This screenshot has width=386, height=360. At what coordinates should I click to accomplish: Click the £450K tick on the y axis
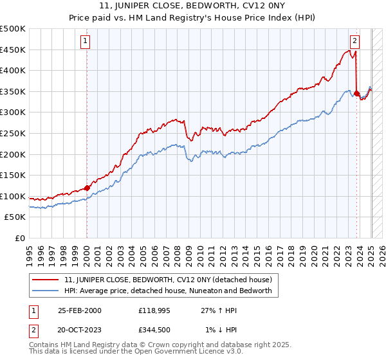[14, 50]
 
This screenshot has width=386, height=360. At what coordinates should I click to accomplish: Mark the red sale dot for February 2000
[87, 188]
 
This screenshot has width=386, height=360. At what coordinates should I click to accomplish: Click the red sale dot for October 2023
[356, 93]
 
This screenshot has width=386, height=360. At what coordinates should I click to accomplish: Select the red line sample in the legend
[46, 280]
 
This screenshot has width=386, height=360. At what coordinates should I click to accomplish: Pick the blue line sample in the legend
[46, 291]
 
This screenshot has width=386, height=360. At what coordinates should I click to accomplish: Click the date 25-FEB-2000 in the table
[80, 310]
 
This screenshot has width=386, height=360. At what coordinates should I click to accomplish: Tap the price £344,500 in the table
[158, 330]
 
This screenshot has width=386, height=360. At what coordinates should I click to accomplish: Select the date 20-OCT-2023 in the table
[80, 330]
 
